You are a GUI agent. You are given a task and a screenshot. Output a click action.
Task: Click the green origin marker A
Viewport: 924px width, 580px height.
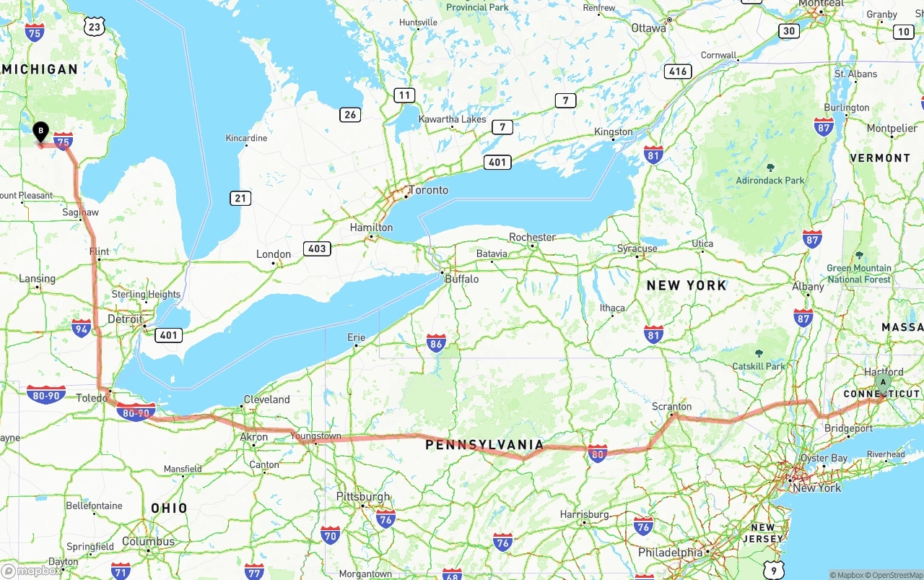click(x=882, y=382)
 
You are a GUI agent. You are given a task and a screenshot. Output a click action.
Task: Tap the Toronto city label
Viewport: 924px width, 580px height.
click(x=428, y=191)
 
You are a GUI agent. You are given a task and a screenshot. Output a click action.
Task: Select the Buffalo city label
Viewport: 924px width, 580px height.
click(x=461, y=279)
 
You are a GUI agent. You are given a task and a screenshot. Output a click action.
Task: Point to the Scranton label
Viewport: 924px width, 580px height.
click(x=671, y=407)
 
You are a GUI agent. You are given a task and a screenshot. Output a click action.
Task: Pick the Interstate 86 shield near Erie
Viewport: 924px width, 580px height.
click(x=436, y=342)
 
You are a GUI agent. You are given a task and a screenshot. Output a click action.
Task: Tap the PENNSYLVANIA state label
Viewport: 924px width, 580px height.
click(x=484, y=444)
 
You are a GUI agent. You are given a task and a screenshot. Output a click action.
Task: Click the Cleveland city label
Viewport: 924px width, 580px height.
click(x=266, y=399)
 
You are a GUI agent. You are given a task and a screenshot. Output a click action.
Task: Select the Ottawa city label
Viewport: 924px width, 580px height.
click(x=648, y=28)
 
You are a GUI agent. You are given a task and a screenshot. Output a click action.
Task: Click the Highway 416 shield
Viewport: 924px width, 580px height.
click(x=678, y=71)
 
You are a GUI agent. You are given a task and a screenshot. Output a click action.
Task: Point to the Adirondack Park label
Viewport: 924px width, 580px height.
click(x=770, y=181)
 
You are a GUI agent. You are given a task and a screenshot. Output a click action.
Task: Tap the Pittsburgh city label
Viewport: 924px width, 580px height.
click(x=363, y=497)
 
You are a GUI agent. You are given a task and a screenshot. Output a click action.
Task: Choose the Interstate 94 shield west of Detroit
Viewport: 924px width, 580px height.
click(x=82, y=329)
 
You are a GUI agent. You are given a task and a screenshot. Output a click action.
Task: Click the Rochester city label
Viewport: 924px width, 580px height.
click(x=532, y=237)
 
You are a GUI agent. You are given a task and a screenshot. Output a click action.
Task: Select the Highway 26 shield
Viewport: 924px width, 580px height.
click(x=350, y=114)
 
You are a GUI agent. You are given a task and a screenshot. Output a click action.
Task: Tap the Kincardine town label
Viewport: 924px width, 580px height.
click(x=246, y=138)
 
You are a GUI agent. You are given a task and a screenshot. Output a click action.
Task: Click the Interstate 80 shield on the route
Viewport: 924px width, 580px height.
click(x=597, y=454)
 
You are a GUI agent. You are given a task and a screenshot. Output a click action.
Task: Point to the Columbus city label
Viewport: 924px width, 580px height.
click(x=148, y=542)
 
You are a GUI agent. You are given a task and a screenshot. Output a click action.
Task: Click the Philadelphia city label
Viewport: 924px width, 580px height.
click(x=670, y=553)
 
